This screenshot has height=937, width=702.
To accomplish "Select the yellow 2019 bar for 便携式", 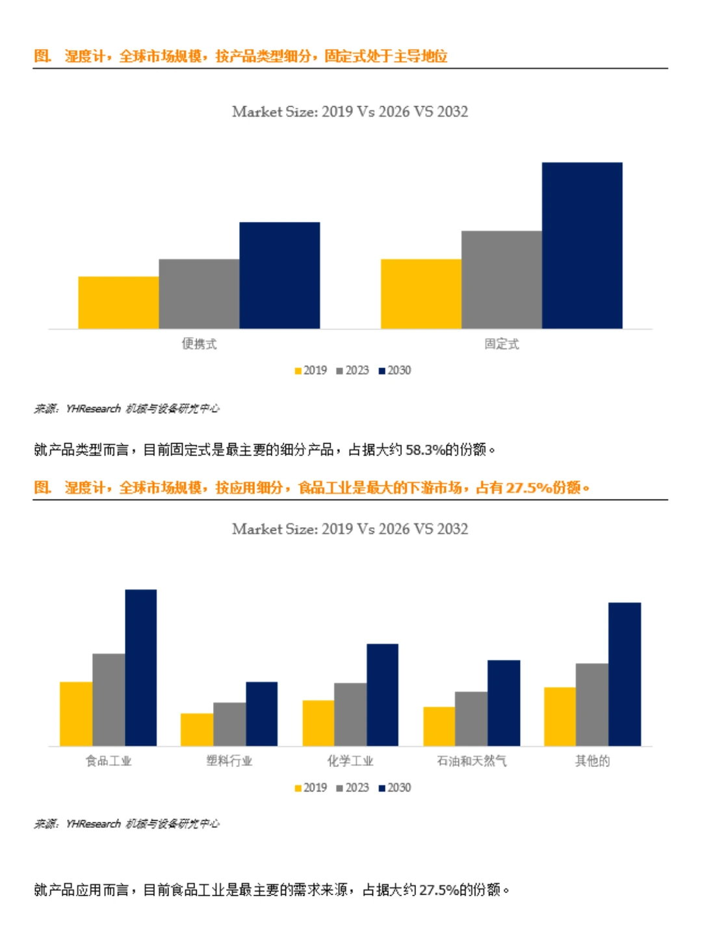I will pos(118,303).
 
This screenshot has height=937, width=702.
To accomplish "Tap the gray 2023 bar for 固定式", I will pos(501,280).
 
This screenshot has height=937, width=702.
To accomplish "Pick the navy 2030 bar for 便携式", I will pos(279,275).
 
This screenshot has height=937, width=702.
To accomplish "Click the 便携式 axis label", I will pos(199,344).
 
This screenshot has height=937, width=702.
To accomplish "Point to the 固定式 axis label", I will pos(501,344).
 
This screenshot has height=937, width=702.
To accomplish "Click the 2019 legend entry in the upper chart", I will pos(311,370).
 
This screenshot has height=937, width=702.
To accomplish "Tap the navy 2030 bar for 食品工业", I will pos(140,668).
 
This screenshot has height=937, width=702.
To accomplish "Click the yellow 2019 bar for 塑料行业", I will pos(197,729).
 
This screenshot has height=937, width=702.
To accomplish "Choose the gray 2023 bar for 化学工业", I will pos(350,714).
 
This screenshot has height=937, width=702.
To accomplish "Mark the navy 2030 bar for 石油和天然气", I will pos(504,703).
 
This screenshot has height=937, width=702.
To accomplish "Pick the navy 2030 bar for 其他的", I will pos(625,674).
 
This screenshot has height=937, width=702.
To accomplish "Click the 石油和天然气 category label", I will pos(471,761).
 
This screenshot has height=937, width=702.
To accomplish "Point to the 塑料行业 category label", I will pos(229,761).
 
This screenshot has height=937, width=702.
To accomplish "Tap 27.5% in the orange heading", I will pos(528,488).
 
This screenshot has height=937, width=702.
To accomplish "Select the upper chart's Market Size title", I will pos(350,112).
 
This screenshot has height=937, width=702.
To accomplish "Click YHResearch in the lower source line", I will pos(93,823).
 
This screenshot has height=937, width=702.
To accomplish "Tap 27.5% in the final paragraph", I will pos(439,890).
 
